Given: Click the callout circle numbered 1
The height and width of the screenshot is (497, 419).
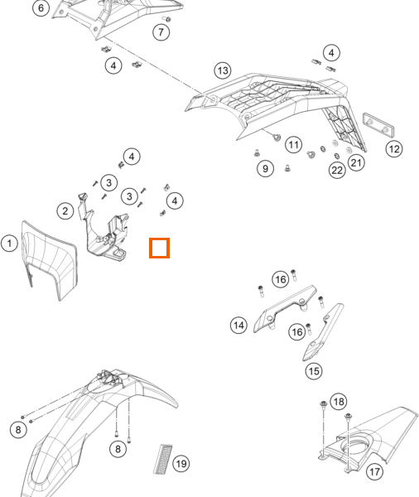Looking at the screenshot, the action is point(9,244).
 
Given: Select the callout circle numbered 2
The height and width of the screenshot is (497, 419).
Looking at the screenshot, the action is point(65,210).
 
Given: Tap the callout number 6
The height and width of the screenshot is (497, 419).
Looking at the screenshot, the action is point(41,7).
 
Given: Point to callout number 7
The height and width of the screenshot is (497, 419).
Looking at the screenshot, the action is point(161,32).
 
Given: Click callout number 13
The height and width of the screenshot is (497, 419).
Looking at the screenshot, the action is point(223,70).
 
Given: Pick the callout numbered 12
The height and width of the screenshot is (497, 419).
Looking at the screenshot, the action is point(394,149).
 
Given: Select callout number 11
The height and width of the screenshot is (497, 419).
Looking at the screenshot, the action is point(293,145).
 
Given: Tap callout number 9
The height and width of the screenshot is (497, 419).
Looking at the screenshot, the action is point(265,169).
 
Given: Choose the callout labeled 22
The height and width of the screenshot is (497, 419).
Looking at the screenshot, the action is point(337,171).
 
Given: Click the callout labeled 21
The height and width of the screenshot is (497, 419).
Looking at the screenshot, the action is point(356,162).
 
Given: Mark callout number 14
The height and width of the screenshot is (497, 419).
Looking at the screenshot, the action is point(238,326).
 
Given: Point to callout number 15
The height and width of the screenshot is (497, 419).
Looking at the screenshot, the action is point(314,371).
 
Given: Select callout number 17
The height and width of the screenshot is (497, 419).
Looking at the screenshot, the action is point(374,471).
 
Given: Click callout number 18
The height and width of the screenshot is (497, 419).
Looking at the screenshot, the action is point(339,402).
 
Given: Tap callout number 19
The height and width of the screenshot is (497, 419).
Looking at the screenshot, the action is point(181,464).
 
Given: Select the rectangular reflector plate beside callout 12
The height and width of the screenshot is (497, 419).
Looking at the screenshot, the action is point(378,125).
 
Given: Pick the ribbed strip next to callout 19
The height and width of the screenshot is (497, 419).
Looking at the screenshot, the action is point(163,459).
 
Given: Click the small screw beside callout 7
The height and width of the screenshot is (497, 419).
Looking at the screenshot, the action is point(167,19).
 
